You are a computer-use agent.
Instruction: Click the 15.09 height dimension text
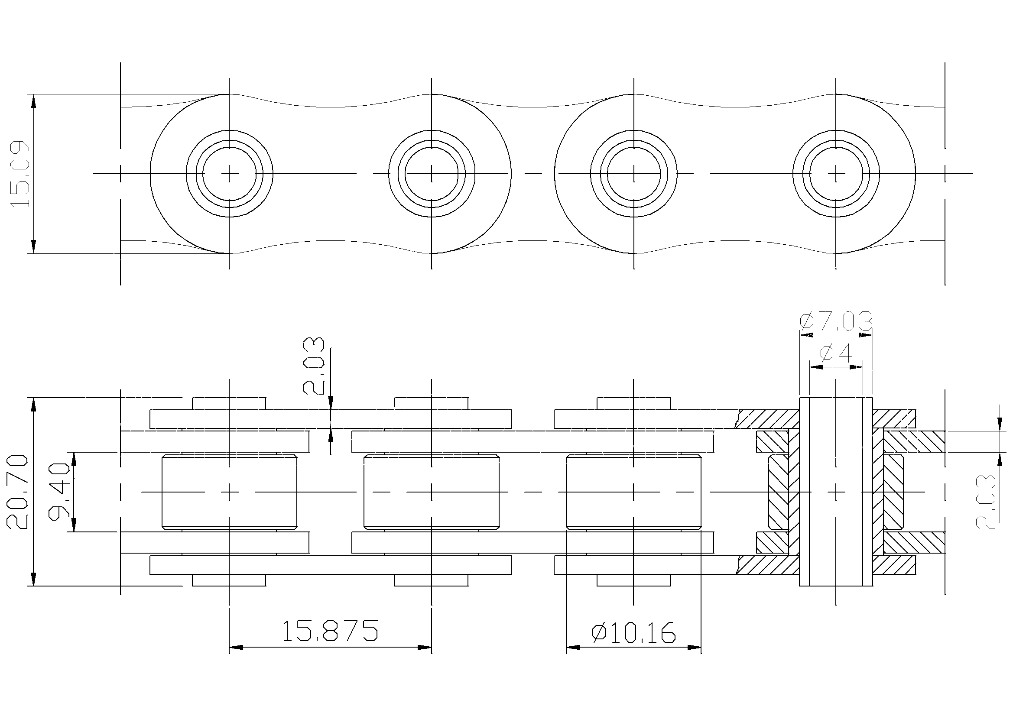[x=20, y=174]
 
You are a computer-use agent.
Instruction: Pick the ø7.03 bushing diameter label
[x=836, y=321]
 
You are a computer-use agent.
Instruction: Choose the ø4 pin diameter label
[x=836, y=353]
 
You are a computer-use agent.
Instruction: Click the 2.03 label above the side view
[x=314, y=366]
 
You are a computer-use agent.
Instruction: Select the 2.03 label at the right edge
[x=985, y=502]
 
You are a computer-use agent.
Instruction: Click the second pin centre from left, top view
[x=432, y=174]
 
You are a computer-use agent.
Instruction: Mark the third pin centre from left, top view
[x=634, y=174]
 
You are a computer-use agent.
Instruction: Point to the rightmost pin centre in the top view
[x=836, y=174]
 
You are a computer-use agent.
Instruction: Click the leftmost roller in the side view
[x=230, y=492]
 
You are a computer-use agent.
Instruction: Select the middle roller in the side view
[x=432, y=492]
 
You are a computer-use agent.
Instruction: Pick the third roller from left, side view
[x=634, y=492]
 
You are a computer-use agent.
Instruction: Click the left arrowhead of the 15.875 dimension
[x=237, y=648]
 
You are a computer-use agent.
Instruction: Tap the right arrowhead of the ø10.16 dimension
[x=695, y=648]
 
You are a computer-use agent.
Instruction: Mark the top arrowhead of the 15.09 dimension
[x=33, y=101]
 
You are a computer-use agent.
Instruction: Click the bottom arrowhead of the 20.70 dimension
[x=33, y=579]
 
